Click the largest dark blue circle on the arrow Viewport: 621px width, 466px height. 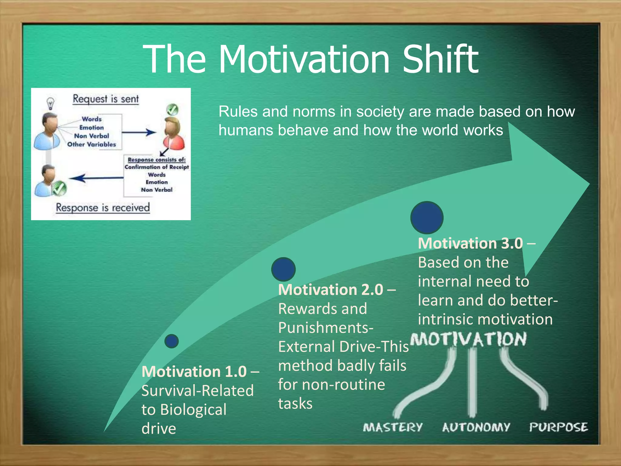tap(427, 218)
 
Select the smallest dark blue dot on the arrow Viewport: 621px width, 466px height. tap(172, 341)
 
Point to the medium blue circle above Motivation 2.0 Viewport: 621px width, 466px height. tap(284, 269)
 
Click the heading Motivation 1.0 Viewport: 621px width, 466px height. tap(194, 372)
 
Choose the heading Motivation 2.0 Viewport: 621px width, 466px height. tap(331, 290)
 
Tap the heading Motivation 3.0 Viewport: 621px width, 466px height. tap(471, 243)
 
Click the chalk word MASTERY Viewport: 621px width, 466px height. tap(393, 427)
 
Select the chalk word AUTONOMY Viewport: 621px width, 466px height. tap(476, 427)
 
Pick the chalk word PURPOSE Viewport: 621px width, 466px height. tap(559, 427)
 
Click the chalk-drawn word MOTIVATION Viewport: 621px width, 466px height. tap(468, 339)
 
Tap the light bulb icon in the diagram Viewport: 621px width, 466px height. tap(50, 103)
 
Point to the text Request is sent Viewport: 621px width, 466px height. tap(106, 99)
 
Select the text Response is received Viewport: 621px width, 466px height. tap(103, 208)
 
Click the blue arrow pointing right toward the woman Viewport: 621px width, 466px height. tap(139, 132)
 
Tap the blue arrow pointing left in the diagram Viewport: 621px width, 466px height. tap(96, 178)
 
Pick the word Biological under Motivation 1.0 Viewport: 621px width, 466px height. tap(193, 410)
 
